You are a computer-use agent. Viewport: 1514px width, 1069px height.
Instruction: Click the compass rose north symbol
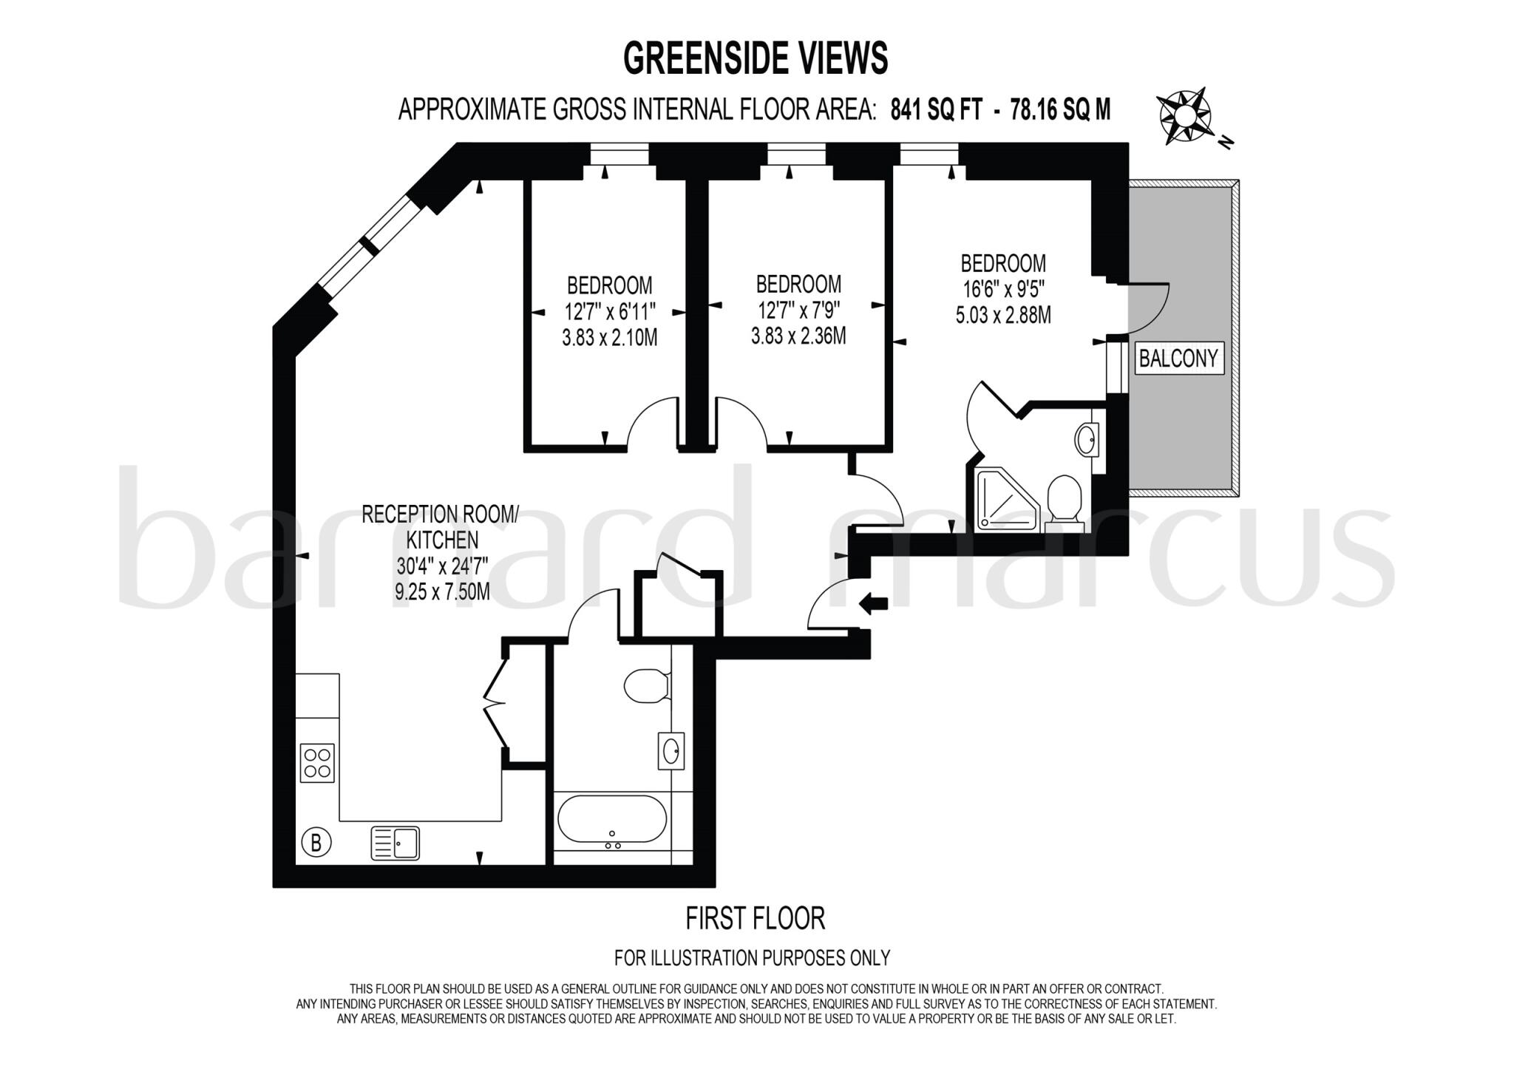(x=1184, y=116)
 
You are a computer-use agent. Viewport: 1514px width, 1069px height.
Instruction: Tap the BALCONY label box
(x=1178, y=359)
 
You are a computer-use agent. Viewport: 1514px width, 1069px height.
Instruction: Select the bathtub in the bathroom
(x=611, y=820)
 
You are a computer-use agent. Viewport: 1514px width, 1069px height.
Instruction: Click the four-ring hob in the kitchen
(x=317, y=763)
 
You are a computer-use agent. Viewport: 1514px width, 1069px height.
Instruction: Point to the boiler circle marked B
(x=316, y=843)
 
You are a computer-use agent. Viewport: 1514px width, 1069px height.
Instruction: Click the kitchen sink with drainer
(x=395, y=844)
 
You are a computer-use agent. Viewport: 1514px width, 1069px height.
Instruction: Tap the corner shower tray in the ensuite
(x=1008, y=500)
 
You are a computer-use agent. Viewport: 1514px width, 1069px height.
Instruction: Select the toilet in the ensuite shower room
(x=1065, y=500)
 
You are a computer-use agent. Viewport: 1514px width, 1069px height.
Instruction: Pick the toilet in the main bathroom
(x=645, y=685)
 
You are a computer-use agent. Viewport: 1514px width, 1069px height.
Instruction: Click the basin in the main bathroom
(x=671, y=751)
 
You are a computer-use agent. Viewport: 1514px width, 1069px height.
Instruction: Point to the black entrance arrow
(x=874, y=603)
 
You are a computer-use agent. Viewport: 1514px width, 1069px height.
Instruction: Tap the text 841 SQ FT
(x=937, y=110)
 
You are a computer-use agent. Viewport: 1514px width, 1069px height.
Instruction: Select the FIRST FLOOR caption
(x=755, y=919)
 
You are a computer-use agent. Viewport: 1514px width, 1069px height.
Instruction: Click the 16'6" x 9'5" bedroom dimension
(x=1003, y=289)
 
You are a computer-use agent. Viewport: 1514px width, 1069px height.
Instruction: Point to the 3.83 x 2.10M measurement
(x=609, y=338)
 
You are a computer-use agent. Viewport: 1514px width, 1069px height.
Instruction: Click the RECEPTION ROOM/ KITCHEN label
(x=441, y=526)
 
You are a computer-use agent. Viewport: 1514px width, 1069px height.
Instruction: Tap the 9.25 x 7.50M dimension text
(x=442, y=591)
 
